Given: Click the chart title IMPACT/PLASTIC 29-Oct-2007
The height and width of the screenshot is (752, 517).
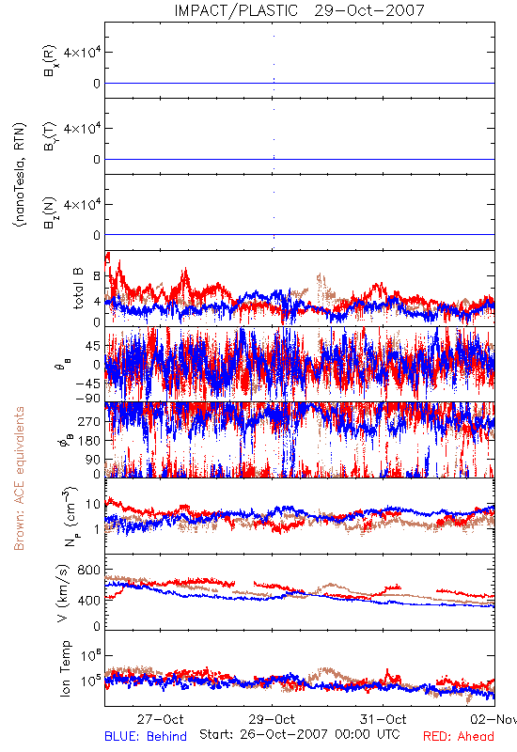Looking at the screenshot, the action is tap(299, 10).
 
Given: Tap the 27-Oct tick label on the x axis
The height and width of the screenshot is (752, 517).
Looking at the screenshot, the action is tap(160, 719).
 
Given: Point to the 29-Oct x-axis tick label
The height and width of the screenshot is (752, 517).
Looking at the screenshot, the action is tap(272, 719).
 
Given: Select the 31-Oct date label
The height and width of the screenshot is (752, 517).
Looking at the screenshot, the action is tap(383, 719).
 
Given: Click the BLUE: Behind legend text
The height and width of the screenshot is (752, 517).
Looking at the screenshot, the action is tap(146, 736).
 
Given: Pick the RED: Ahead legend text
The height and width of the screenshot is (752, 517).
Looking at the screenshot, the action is tap(458, 736).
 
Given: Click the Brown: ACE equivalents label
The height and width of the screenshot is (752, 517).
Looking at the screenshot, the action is tap(19, 478).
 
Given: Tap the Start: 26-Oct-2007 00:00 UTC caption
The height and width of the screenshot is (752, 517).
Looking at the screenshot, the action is tap(299, 734).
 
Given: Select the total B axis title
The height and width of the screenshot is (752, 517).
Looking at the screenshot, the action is tap(78, 289).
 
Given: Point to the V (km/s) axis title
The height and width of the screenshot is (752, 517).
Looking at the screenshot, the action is tap(63, 593).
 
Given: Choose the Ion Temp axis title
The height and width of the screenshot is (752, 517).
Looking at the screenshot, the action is tap(65, 668).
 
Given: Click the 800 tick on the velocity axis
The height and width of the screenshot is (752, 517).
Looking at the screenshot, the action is tap(89, 570).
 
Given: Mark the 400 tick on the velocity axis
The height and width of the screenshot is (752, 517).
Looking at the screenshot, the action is tap(89, 600).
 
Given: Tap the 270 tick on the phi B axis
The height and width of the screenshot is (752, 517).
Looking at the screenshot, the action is tap(89, 421).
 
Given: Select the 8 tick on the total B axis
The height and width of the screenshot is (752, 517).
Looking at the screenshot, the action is tap(97, 276).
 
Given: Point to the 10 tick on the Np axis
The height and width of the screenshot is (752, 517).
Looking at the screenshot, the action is tap(93, 504).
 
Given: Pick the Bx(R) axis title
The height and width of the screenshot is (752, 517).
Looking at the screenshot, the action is tap(50, 60).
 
